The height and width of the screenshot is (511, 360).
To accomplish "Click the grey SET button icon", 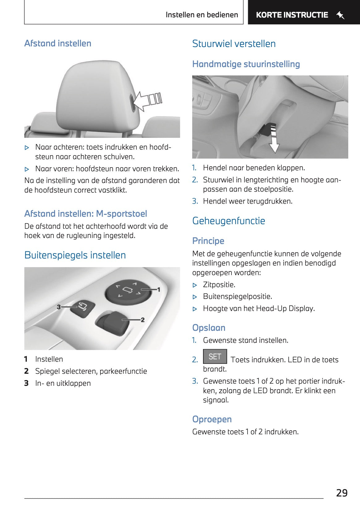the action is (215, 356).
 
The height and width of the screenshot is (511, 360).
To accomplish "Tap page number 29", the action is (342, 493).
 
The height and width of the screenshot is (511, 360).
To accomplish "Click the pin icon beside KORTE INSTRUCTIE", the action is (340, 15).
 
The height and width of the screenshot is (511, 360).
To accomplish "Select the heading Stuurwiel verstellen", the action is (234, 44).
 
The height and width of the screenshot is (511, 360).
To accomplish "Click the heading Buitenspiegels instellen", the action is (75, 255).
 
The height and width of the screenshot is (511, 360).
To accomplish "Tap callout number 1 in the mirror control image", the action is (159, 289).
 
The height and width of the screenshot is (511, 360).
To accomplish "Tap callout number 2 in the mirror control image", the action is (142, 320).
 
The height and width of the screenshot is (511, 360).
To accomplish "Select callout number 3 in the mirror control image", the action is (59, 307).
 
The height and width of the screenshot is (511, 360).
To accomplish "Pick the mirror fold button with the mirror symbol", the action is (82, 307).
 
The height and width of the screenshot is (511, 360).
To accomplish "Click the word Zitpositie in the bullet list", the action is (219, 284).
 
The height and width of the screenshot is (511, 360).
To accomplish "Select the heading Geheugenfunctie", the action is (228, 221).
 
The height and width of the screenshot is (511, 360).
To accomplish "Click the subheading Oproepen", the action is (212, 419).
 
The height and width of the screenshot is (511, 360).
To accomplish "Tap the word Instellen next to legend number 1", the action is (49, 359).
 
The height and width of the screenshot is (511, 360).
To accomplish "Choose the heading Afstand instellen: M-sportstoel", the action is (86, 214).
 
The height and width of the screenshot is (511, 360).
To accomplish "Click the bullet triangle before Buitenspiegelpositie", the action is (195, 297).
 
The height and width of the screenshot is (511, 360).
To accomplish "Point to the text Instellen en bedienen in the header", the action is (202, 15).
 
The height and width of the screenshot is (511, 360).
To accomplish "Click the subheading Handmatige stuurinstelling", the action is (246, 64).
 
